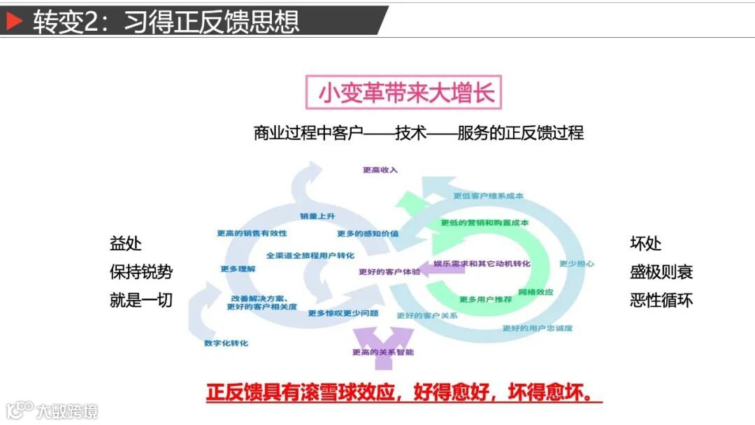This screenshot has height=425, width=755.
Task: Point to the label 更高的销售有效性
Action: [252, 233]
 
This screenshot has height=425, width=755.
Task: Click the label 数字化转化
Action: [226, 343]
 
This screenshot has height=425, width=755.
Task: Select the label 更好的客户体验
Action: [390, 271]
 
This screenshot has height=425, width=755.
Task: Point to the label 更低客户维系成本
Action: [488, 196]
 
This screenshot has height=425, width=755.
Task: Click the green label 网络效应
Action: [536, 291]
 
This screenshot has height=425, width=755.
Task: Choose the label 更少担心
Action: [577, 264]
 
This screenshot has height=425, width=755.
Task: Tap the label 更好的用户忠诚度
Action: [538, 328]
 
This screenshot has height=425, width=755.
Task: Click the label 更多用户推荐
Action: [483, 299]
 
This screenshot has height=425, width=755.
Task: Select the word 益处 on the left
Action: [126, 243]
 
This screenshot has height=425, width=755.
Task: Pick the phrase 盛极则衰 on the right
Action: [661, 272]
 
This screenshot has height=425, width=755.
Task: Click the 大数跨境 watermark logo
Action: [52, 410]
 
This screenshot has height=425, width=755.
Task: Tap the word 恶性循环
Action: [661, 301]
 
